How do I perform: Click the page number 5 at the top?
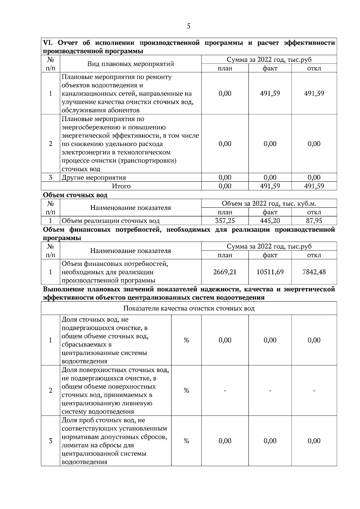pos(188,26)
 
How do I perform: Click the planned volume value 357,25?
pos(225,221)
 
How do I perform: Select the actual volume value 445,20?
pos(270,221)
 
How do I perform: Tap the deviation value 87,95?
pos(314,221)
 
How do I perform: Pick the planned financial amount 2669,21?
pos(225,272)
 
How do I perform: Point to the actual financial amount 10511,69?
pos(270,272)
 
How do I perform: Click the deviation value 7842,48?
pos(314,272)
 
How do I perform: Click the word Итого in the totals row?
pos(121,186)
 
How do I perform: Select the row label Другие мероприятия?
pos(94,177)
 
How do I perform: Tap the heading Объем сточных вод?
pos(75,195)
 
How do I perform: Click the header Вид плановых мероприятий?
pos(130,64)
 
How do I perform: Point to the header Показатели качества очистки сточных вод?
pos(189,308)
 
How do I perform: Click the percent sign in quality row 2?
pos(186,390)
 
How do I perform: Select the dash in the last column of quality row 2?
pos(314,390)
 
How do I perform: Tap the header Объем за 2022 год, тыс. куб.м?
pos(269,204)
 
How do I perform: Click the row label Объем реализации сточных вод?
pos(110,221)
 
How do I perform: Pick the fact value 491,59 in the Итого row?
pos(270,186)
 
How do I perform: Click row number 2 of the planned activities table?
pos(50,144)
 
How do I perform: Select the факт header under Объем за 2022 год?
pos(270,212)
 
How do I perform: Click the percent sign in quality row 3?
pos(186,441)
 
